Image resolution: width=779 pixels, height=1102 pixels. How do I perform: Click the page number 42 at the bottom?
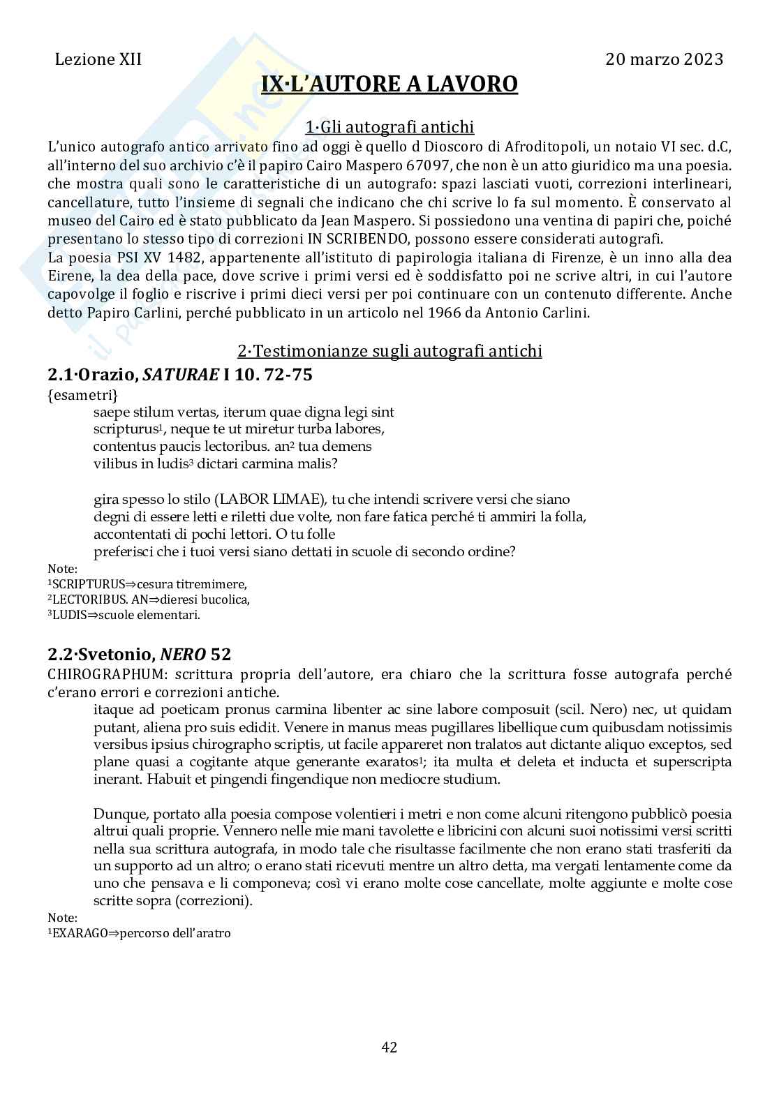tap(389, 1047)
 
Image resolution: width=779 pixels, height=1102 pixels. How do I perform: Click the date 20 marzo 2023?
tap(664, 59)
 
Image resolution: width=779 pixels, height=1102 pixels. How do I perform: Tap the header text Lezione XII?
tap(98, 59)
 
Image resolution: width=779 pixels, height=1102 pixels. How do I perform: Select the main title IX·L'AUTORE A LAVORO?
tap(389, 84)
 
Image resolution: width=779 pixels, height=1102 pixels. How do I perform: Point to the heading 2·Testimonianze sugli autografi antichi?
tap(389, 350)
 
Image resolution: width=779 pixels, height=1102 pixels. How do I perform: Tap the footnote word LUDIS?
tap(67, 615)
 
